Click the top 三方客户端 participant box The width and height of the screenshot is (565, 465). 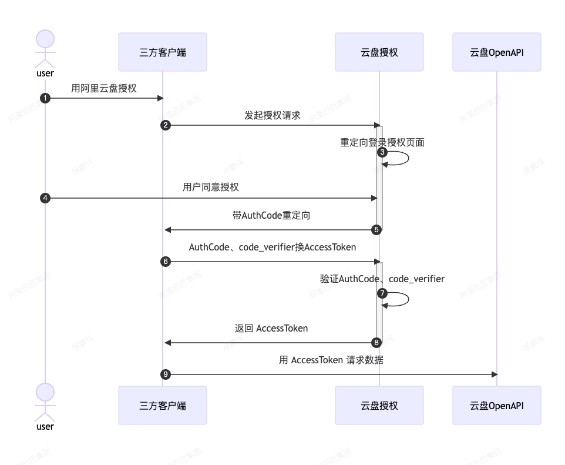[162, 52]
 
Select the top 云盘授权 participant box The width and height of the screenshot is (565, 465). [379, 52]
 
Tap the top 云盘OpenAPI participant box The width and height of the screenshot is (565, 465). [496, 52]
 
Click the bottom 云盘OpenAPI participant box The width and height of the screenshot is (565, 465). [496, 405]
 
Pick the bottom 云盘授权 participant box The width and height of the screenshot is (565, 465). [379, 405]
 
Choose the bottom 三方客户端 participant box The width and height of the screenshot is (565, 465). [162, 405]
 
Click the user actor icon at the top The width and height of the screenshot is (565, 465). [45, 50]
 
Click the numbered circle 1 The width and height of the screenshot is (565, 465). [46, 98]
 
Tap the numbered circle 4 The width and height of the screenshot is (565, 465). [46, 198]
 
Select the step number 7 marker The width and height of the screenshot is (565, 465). [382, 293]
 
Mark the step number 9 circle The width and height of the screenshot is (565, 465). [166, 374]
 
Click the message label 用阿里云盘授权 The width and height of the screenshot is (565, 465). [104, 88]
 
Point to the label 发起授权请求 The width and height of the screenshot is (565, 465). [273, 115]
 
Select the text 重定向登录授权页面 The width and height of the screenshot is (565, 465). [382, 143]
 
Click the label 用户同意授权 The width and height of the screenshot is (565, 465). [211, 188]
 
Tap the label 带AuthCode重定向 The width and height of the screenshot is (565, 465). [271, 216]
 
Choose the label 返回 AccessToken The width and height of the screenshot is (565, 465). [271, 328]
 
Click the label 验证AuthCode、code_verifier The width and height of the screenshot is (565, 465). [382, 279]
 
